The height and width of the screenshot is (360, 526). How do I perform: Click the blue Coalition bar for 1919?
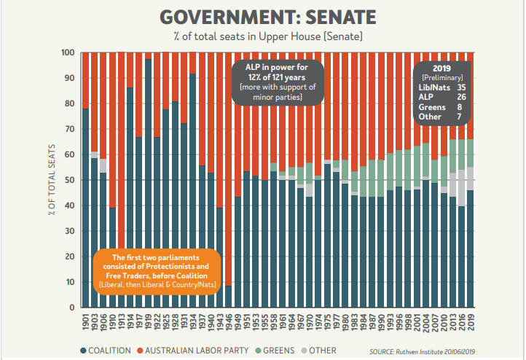click(x=148, y=183)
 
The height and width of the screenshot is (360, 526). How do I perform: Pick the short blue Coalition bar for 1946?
click(x=229, y=296)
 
